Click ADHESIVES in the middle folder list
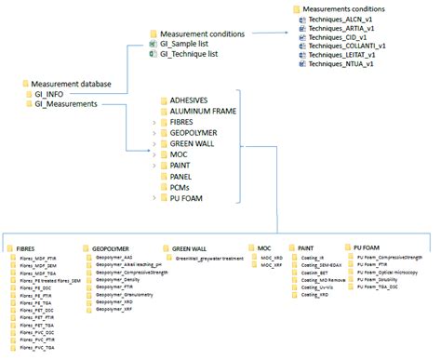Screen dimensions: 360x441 192,99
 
